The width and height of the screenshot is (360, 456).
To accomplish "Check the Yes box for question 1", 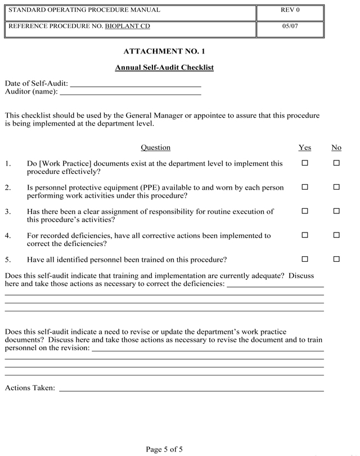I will (x=305, y=163).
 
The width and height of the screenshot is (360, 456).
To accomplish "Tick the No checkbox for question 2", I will (x=336, y=187).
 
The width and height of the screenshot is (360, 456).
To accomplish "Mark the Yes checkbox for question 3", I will (x=305, y=211).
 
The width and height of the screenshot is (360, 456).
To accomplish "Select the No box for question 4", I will (x=336, y=235).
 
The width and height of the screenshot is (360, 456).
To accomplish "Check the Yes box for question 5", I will (x=305, y=260).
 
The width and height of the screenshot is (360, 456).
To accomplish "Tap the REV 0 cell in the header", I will (x=290, y=10).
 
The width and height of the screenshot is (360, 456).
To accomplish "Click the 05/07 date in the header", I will (x=290, y=26).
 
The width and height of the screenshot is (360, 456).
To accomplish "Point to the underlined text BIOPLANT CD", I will (x=127, y=26).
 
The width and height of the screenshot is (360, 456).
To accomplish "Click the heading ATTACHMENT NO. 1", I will (x=164, y=52).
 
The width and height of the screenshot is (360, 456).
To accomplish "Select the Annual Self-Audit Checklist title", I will (x=164, y=68).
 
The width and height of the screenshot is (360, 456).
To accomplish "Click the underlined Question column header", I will (x=155, y=147).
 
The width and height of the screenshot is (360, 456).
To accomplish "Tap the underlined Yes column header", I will (x=304, y=147).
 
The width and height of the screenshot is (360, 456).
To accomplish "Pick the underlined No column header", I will (x=336, y=147).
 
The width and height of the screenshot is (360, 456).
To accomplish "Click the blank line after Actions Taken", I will (x=191, y=389).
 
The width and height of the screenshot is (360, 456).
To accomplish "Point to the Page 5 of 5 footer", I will (x=164, y=449).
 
